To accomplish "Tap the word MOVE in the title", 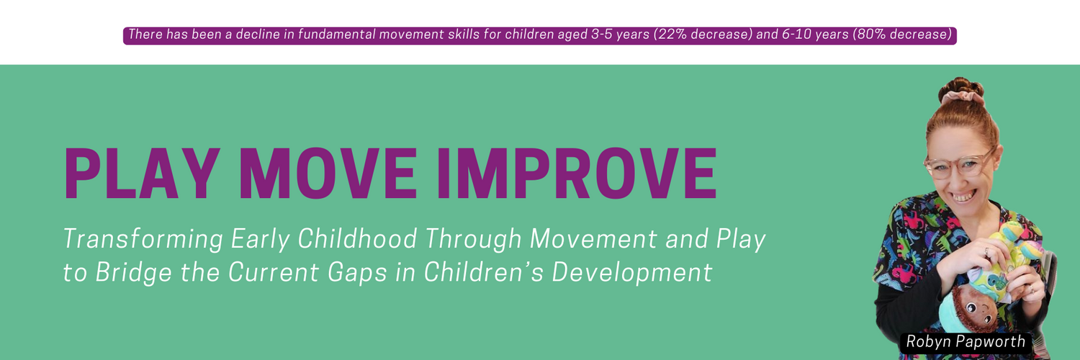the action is click(328, 174).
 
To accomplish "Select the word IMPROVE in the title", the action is click(577, 174).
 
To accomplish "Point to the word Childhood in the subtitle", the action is click(357, 238).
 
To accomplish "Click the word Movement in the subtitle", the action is click(593, 238).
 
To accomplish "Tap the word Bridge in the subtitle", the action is click(133, 273).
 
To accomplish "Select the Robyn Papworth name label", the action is click(966, 342).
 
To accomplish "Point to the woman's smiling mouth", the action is click(963, 196).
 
